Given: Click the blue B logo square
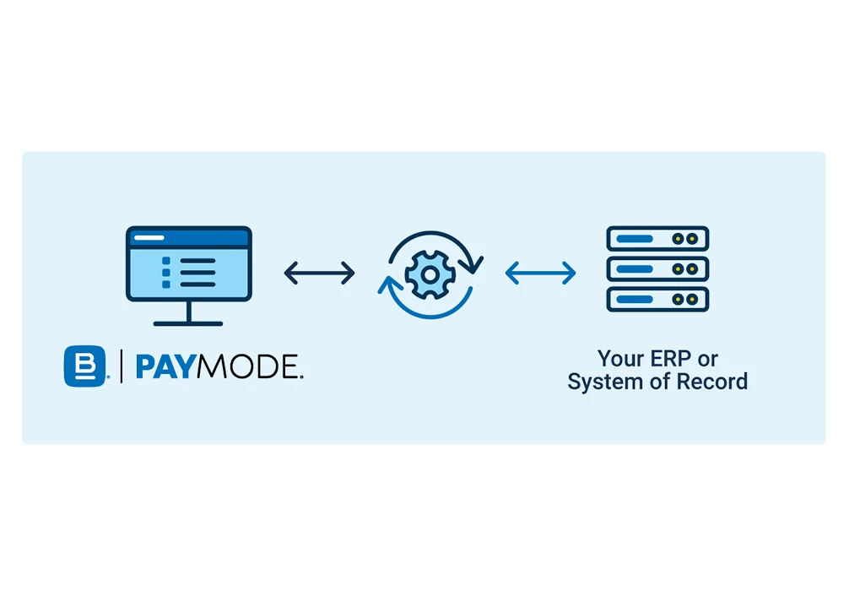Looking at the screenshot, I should point(85,366).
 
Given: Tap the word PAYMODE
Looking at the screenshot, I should point(219,367).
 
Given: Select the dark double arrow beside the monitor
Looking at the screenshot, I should point(319,273).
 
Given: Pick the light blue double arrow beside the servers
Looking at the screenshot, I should point(540,273).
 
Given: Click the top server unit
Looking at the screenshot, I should point(657,239).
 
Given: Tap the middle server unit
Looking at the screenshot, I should point(657,269).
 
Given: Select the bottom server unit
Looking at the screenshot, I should point(657,300).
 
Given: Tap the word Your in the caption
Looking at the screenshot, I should point(618,358).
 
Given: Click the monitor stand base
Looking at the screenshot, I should point(188,322).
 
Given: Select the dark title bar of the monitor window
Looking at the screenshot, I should point(188,237).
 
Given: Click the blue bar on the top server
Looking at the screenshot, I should point(636,239).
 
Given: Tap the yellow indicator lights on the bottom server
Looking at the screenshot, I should point(688,300).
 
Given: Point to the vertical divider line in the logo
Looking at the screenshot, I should point(121,366).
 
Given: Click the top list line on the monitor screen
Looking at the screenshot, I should point(198,262).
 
